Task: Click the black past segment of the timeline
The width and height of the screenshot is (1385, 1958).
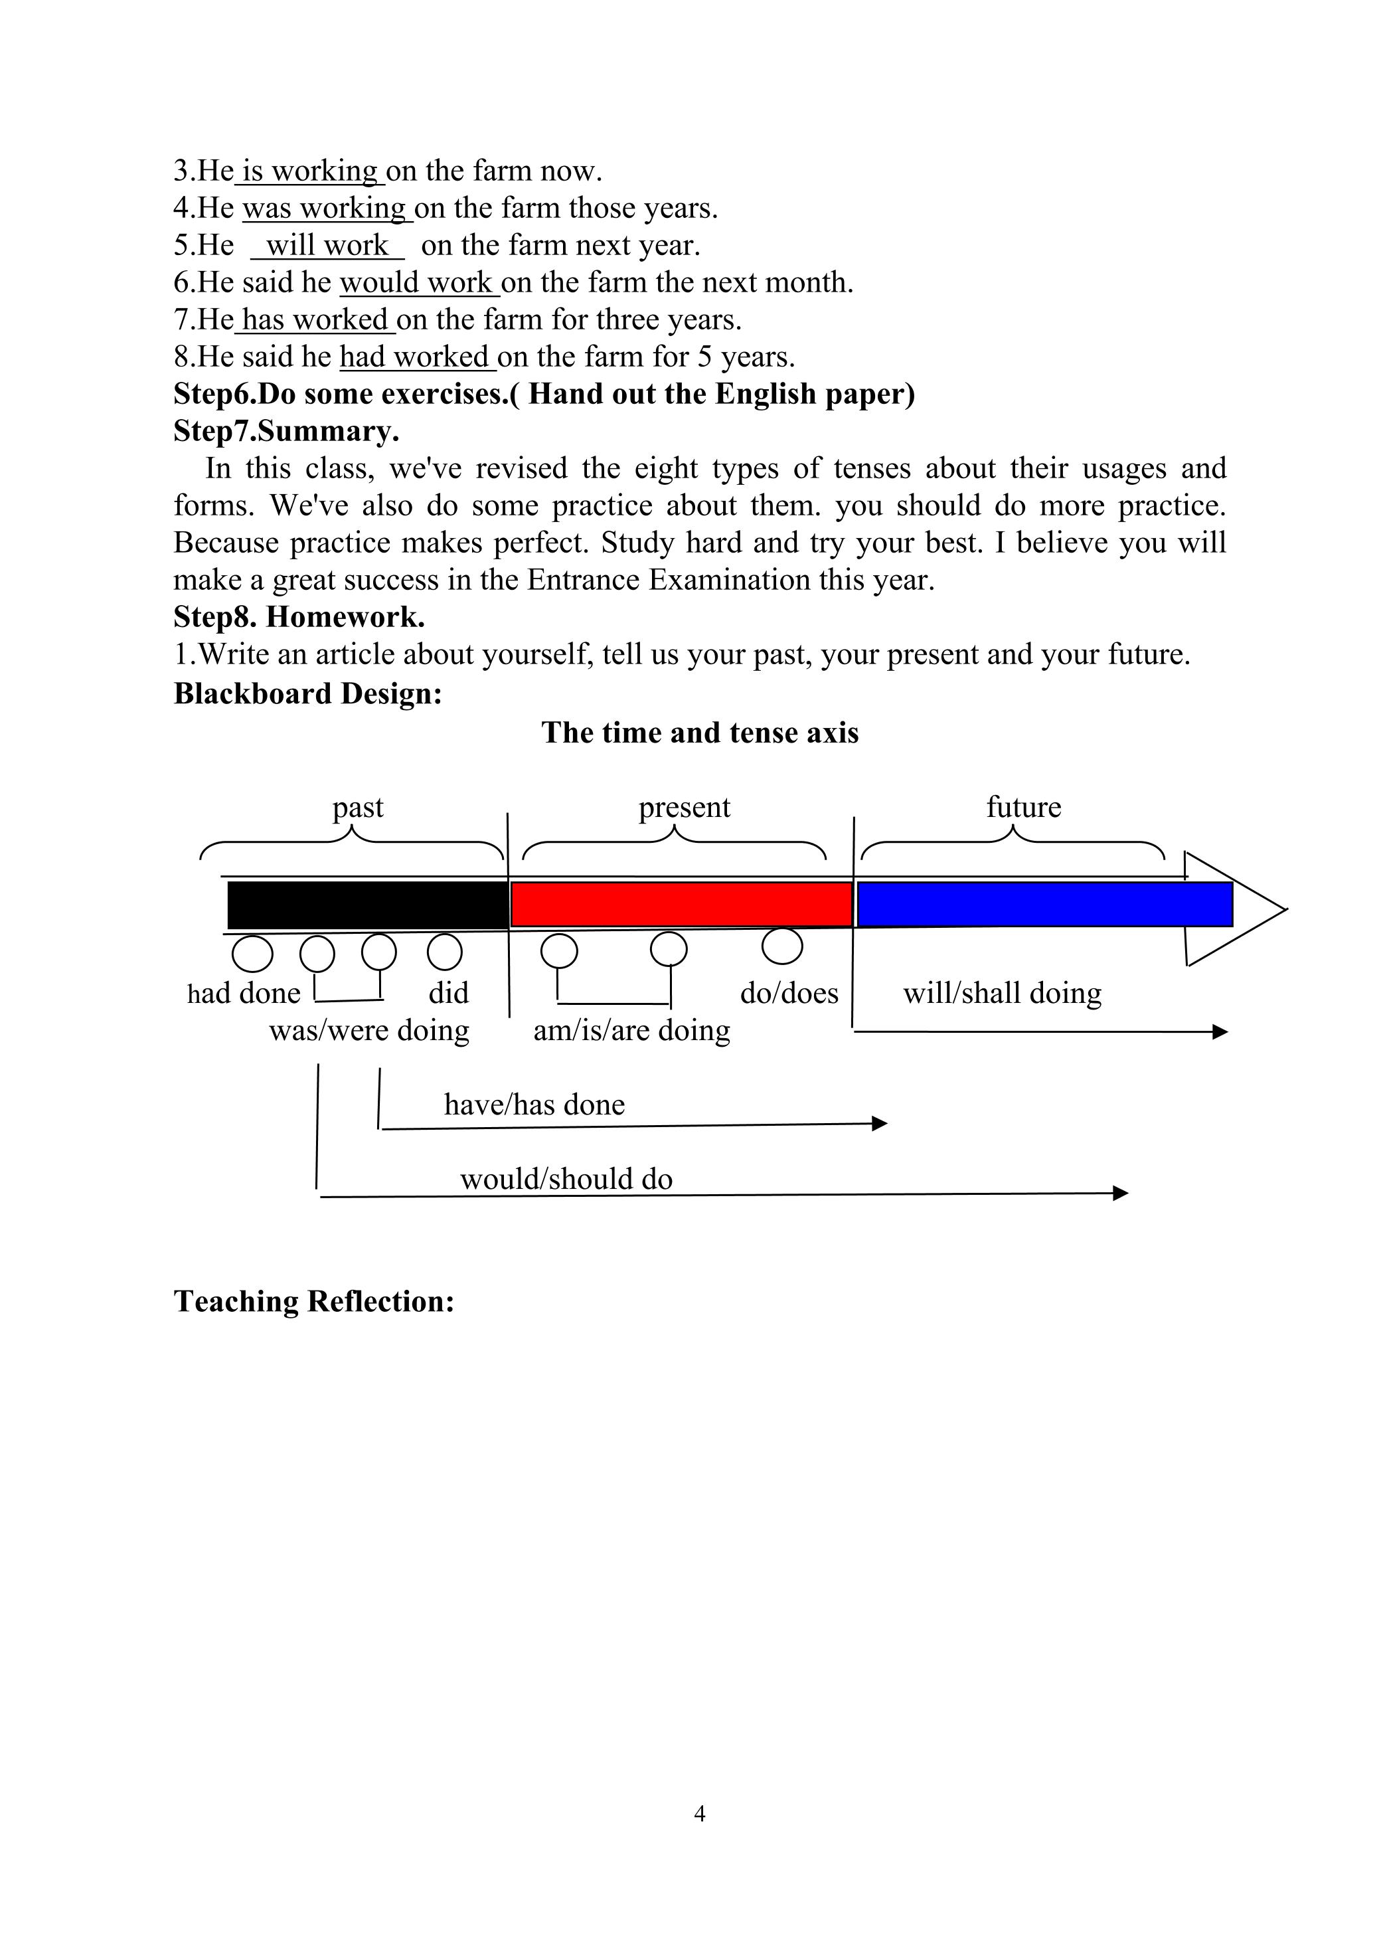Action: pos(368,905)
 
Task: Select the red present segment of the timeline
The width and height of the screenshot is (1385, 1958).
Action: pos(681,905)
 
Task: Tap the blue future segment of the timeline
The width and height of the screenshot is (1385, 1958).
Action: pos(1044,905)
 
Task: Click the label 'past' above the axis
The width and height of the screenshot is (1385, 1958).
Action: pos(357,807)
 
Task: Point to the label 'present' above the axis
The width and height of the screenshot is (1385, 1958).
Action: pos(684,807)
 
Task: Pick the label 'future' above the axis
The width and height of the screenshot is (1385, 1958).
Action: pos(1023,807)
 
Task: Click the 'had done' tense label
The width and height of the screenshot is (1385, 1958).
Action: pos(244,993)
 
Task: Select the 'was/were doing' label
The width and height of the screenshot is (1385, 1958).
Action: pos(369,1031)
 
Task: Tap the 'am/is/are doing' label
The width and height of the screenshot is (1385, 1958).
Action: pos(632,1031)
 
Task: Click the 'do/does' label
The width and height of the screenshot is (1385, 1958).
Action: pos(789,993)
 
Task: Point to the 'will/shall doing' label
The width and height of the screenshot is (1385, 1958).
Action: pos(1002,993)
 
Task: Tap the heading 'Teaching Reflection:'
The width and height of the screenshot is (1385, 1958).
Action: pos(314,1301)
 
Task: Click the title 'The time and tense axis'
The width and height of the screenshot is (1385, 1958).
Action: pos(699,733)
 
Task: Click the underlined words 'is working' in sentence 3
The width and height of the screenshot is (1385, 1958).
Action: pos(309,171)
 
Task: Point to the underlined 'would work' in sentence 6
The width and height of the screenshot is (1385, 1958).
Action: pos(416,282)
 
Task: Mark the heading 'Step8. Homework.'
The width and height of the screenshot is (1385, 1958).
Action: pos(299,617)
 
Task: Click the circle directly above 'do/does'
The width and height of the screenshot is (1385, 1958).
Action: pos(782,945)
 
